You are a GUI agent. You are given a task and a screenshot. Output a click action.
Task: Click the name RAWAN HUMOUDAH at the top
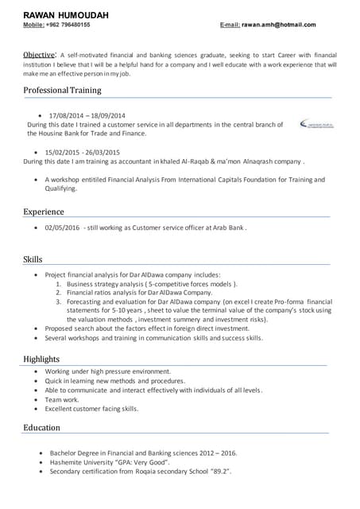coord(66,15)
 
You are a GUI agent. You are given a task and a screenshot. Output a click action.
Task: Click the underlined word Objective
coord(39,54)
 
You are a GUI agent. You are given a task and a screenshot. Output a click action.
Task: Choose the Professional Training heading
coord(62,91)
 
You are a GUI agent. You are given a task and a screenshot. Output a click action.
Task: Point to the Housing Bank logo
coord(316,124)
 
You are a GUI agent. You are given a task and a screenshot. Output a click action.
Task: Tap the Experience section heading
coord(44,212)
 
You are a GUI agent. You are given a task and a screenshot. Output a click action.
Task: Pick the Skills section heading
coord(33,259)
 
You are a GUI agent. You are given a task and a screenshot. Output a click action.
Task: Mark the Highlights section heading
coord(41,359)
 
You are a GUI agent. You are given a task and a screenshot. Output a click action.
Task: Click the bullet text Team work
coord(62,399)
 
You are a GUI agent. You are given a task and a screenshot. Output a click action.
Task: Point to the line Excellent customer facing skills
coord(91,409)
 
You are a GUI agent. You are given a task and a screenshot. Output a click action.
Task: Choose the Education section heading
coord(41,428)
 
